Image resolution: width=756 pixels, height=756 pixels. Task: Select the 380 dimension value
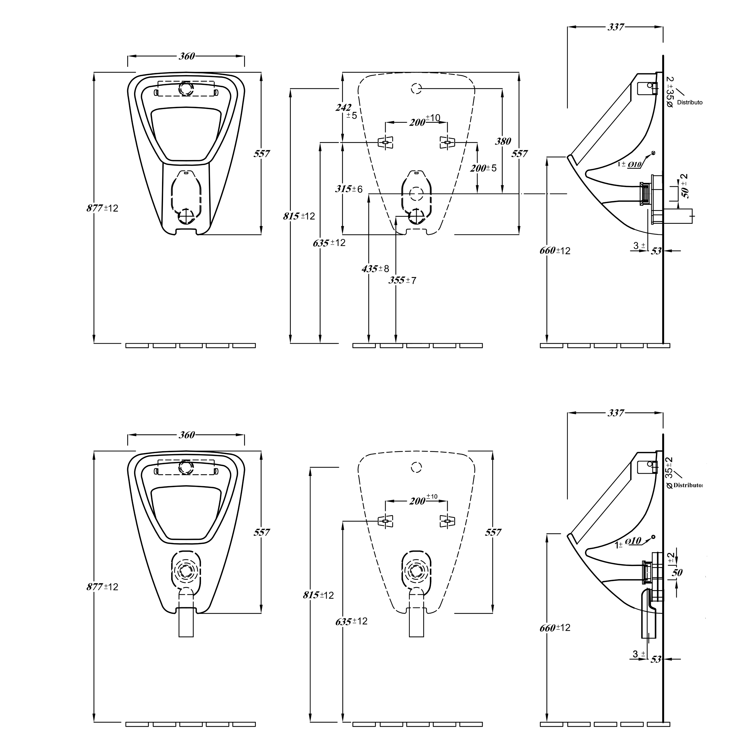point(503,141)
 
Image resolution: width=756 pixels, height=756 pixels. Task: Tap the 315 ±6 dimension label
point(349,189)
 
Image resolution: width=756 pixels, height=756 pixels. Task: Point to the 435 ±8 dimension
point(375,269)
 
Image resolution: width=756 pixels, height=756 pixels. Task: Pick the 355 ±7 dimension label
point(402,280)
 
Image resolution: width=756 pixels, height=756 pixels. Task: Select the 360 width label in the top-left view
point(187,56)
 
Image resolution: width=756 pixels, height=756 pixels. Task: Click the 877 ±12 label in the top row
point(102,208)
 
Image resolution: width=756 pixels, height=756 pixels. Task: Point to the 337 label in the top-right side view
point(616,27)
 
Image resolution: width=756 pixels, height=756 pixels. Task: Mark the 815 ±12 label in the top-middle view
point(299,216)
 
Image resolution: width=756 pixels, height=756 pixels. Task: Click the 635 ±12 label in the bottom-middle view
point(351,621)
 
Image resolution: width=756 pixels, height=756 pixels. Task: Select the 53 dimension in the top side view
point(656,251)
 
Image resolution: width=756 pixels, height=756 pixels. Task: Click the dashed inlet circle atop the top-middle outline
point(416,89)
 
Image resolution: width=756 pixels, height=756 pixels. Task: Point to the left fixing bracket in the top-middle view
point(386,142)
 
